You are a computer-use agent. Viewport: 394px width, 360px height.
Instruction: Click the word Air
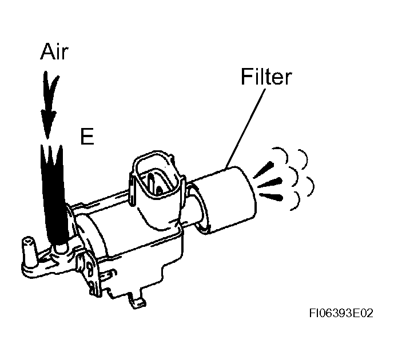pyautogui.click(x=54, y=51)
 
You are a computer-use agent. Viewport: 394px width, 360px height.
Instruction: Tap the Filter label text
pyautogui.click(x=266, y=76)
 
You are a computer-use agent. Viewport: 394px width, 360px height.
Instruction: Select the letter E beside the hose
pyautogui.click(x=87, y=137)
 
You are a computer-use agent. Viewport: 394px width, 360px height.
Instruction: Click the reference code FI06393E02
pyautogui.click(x=341, y=313)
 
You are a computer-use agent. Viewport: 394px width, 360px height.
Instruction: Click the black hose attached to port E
pyautogui.click(x=54, y=196)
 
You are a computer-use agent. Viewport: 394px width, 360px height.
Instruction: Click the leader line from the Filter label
pyautogui.click(x=245, y=128)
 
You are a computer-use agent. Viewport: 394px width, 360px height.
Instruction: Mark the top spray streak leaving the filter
pyautogui.click(x=264, y=170)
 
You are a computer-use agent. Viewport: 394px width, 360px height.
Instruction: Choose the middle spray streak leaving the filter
pyautogui.click(x=270, y=183)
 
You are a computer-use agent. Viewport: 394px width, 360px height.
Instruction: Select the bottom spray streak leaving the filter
pyautogui.click(x=272, y=197)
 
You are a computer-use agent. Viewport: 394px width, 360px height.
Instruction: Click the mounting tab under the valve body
pyautogui.click(x=137, y=301)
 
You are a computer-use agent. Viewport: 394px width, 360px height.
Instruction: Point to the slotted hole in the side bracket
pyautogui.click(x=89, y=269)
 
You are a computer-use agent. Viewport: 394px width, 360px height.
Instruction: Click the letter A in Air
pyautogui.click(x=48, y=51)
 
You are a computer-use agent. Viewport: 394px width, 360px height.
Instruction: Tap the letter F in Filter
pyautogui.click(x=246, y=77)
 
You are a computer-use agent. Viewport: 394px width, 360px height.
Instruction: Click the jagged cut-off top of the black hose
pyautogui.click(x=51, y=153)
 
